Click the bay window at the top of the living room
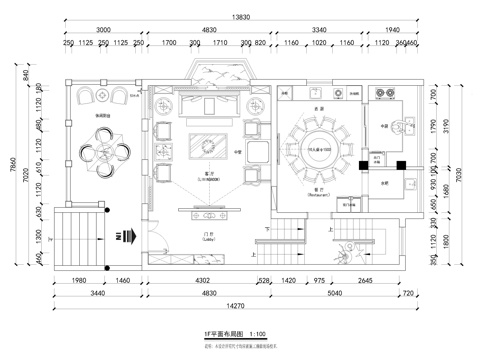point(212,73)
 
